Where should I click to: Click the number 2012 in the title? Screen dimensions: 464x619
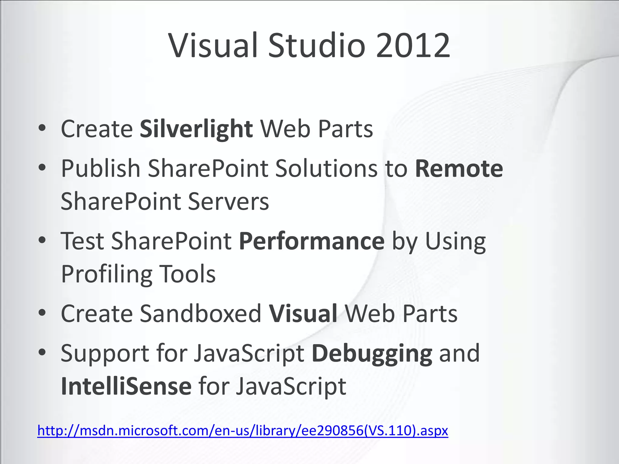click(413, 46)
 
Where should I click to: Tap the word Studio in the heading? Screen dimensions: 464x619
click(317, 46)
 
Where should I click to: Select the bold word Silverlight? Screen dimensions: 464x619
click(196, 129)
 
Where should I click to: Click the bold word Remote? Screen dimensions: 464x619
click(459, 169)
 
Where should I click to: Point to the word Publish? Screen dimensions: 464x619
click(101, 169)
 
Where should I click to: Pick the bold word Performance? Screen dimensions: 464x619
click(312, 241)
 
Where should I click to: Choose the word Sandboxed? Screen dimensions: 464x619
click(200, 314)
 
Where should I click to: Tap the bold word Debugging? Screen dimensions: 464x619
click(372, 353)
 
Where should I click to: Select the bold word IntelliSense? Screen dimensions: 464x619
click(126, 386)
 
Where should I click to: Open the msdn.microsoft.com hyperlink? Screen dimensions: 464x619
click(242, 430)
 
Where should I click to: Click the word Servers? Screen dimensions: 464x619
click(228, 201)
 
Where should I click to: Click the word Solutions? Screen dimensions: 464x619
click(326, 169)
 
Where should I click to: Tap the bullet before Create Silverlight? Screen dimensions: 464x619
click(42, 128)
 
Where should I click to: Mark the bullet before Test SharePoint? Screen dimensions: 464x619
click(42, 240)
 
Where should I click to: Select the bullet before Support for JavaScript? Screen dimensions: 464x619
click(42, 353)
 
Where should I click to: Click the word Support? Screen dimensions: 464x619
click(105, 353)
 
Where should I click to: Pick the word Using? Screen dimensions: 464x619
click(455, 241)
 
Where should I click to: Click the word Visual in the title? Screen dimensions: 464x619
click(213, 46)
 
